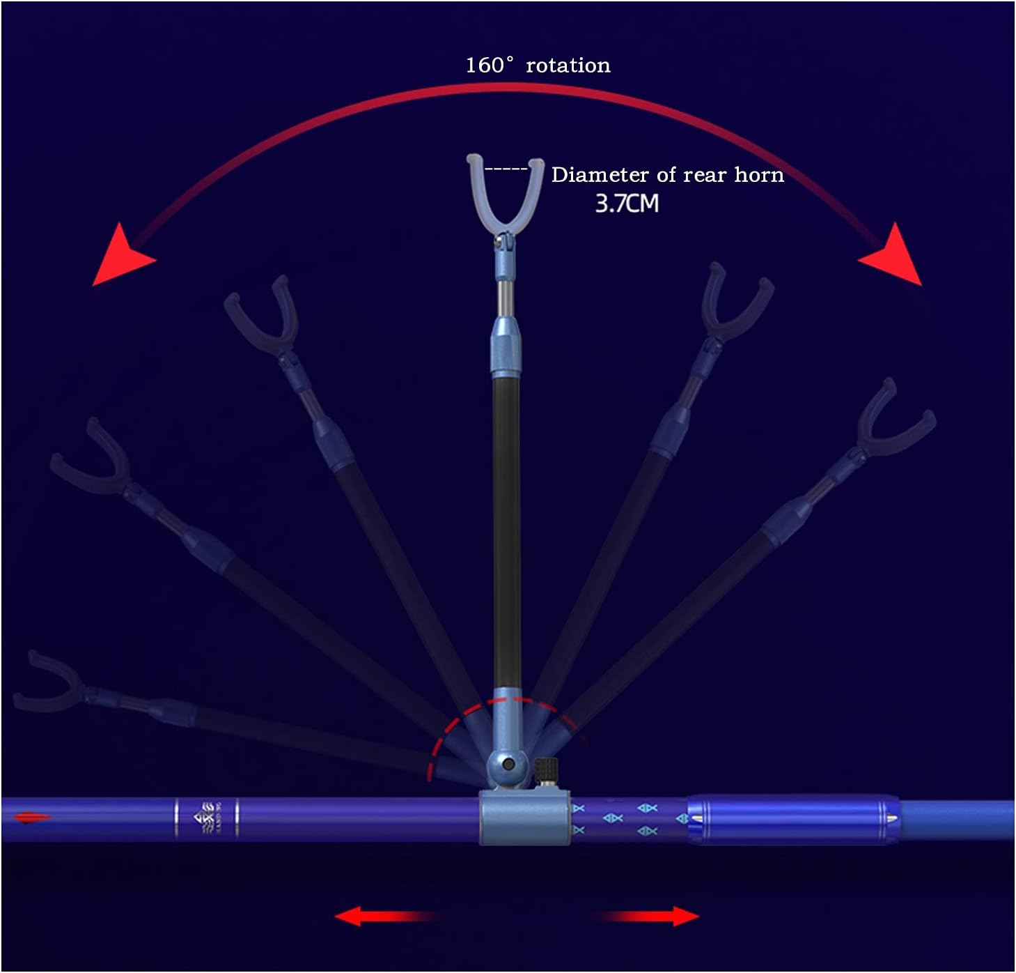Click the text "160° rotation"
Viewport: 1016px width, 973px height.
pyautogui.click(x=538, y=66)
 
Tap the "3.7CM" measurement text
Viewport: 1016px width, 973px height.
pyautogui.click(x=627, y=204)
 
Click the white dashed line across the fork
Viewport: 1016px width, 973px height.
pyautogui.click(x=506, y=169)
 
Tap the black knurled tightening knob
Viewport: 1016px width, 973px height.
pyautogui.click(x=547, y=772)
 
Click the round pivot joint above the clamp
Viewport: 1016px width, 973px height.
pyautogui.click(x=508, y=764)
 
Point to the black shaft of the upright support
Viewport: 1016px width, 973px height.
pyautogui.click(x=506, y=530)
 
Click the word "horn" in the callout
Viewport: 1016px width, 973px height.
pyautogui.click(x=759, y=175)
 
